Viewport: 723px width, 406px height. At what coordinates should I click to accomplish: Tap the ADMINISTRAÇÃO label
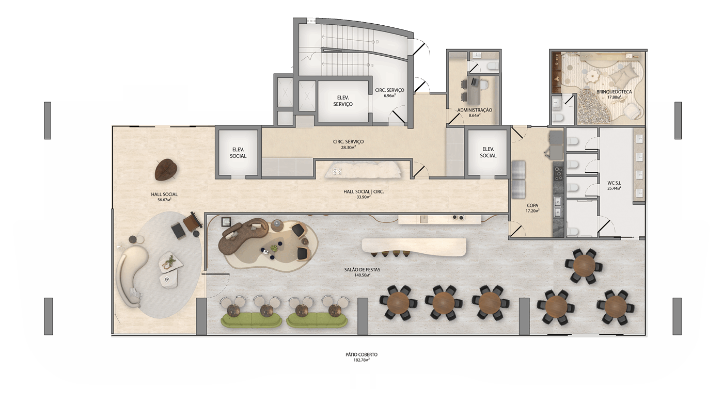coord(475,110)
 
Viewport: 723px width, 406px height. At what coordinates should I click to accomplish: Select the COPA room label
coord(532,206)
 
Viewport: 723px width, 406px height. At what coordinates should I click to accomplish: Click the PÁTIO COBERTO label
coord(361,355)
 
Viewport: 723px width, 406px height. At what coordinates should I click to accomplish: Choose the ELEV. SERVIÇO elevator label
coord(343,101)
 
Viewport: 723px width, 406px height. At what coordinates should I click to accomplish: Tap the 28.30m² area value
coord(348,148)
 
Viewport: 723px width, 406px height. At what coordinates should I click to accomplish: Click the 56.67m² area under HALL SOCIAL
coord(164,200)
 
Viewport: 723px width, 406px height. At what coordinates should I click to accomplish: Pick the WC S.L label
coord(614,183)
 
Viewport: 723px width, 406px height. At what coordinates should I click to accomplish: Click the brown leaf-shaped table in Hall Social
coord(166,170)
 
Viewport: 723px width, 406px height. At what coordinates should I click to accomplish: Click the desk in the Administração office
coord(474,92)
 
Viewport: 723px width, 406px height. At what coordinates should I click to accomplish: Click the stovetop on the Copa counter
coord(558,173)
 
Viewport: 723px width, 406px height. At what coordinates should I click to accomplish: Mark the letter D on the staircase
coord(377,42)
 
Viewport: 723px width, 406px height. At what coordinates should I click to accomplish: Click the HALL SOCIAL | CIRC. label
coord(364,191)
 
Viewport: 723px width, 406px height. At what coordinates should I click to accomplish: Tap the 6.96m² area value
coord(389,95)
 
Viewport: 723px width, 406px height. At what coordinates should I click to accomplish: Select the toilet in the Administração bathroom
coord(492,66)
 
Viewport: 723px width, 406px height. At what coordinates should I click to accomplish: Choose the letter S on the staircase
coord(372,65)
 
